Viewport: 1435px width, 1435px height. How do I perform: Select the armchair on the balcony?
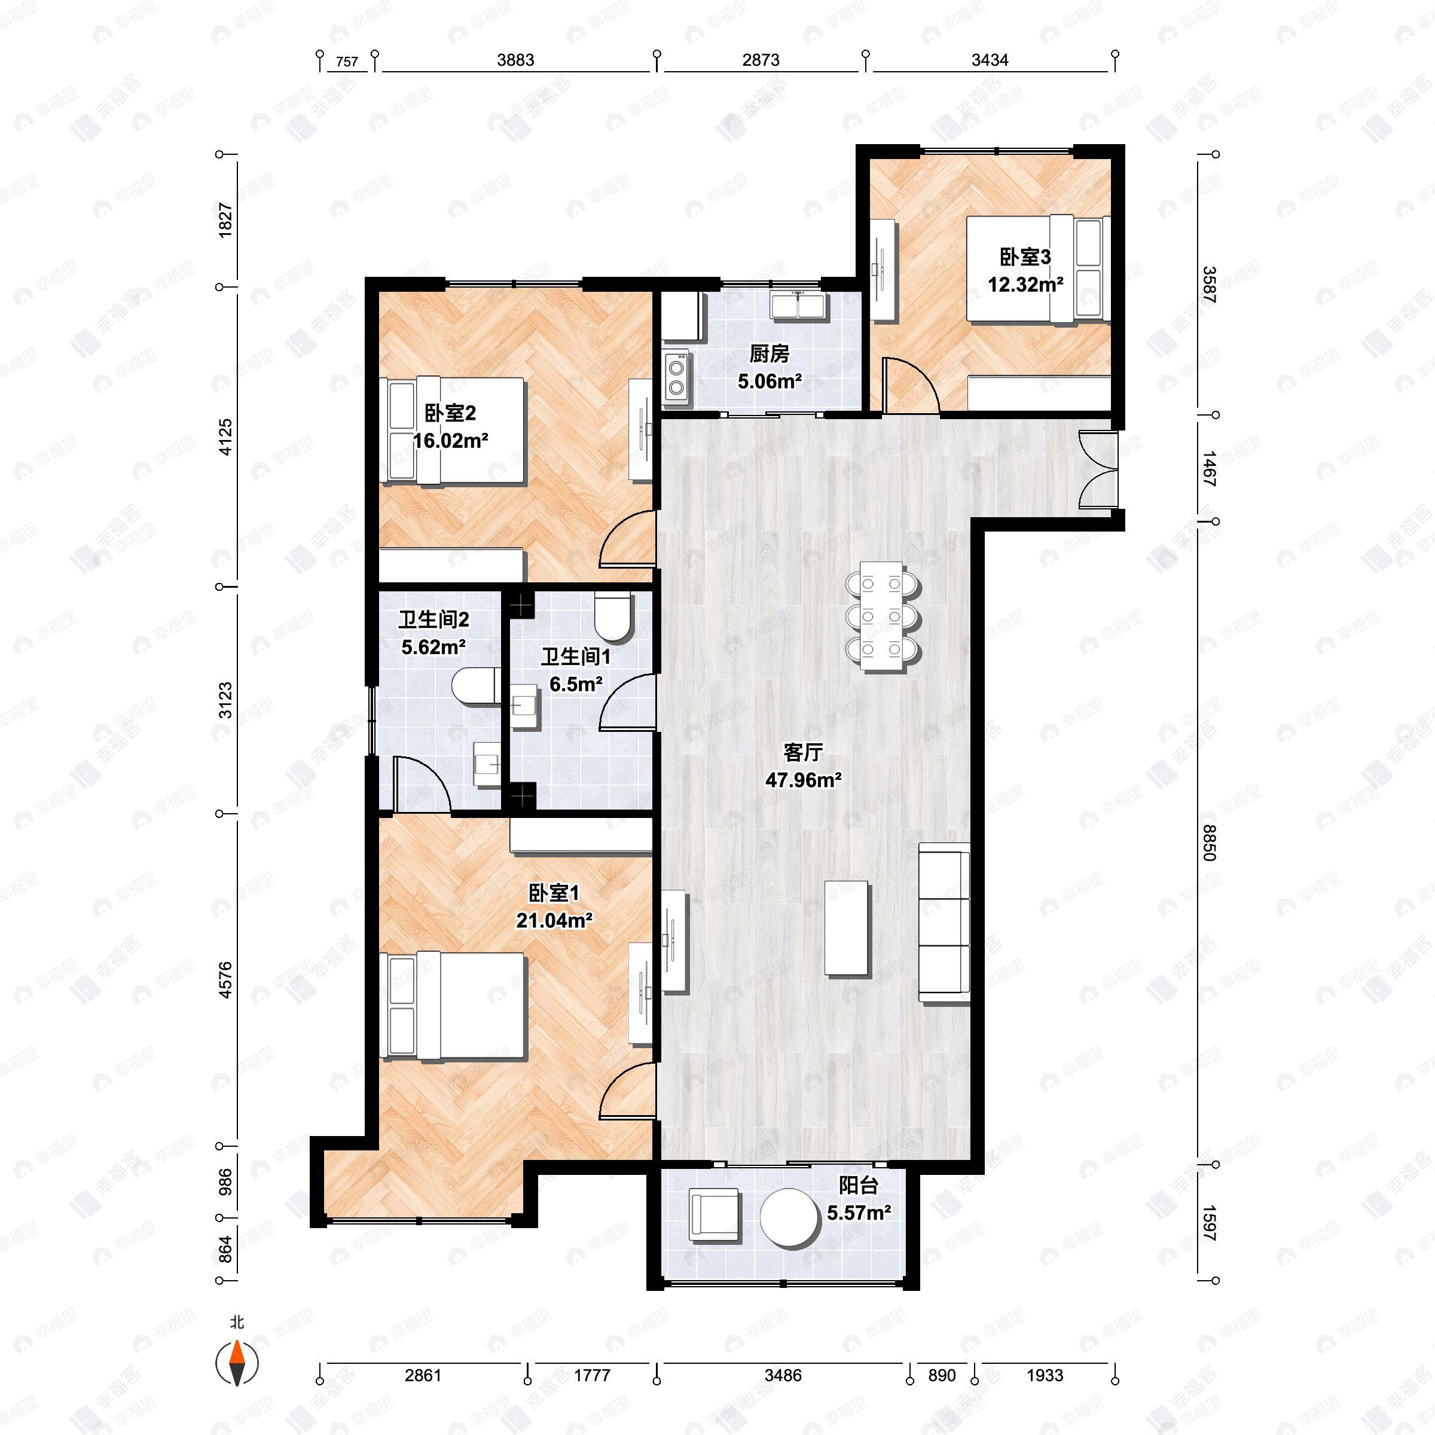point(715,1215)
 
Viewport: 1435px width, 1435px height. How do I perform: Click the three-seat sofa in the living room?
point(945,923)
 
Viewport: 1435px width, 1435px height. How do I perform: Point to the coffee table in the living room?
point(847,928)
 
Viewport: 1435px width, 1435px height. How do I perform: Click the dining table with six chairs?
point(883,616)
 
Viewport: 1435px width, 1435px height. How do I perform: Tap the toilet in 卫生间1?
point(613,616)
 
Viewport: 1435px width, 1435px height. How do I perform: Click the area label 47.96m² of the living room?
point(803,780)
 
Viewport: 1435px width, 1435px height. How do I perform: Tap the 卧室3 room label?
point(1025,257)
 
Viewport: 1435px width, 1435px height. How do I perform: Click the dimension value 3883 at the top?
point(515,60)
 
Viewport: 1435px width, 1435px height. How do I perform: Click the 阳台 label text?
point(859,1186)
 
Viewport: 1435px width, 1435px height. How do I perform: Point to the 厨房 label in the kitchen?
point(769,355)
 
